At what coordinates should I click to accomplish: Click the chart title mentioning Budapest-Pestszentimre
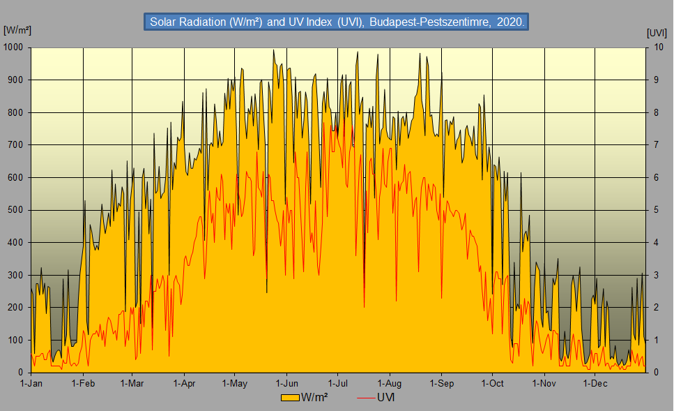(x=337, y=22)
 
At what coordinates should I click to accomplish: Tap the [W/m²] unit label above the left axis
(x=17, y=30)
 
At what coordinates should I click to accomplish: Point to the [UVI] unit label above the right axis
(x=657, y=32)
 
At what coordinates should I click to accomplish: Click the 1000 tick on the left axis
(x=14, y=47)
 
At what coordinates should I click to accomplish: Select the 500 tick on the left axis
(x=16, y=210)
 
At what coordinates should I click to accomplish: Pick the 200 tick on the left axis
(x=16, y=308)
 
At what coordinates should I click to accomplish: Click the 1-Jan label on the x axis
(x=31, y=383)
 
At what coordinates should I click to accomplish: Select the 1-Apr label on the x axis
(x=184, y=383)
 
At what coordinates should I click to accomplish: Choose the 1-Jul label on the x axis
(x=338, y=383)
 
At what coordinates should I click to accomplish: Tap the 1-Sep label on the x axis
(x=442, y=383)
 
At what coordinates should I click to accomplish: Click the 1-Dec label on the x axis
(x=595, y=383)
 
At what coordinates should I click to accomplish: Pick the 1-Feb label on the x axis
(x=83, y=383)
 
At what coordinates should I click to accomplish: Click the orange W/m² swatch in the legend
(x=290, y=398)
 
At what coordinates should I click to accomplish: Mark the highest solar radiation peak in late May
(x=273, y=50)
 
